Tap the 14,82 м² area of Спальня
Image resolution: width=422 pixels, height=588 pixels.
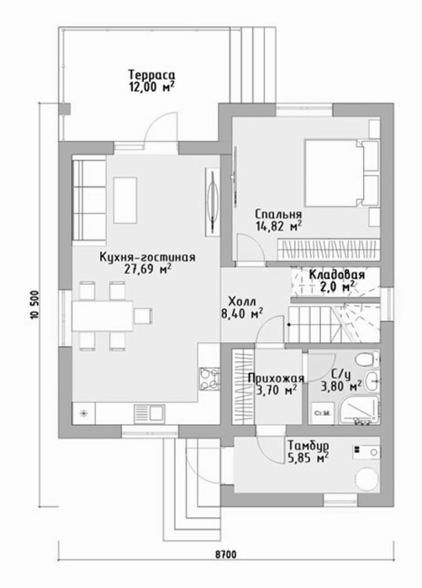pos(279,226)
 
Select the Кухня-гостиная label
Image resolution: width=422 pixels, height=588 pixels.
pos(147,257)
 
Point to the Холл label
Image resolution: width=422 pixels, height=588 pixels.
pos(242,302)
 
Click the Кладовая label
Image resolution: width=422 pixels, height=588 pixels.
pos(337,275)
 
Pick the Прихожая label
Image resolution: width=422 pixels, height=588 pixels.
pos(276,378)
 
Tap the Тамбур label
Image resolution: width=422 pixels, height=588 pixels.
pos(309,445)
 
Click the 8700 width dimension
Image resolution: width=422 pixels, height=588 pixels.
pos(225,554)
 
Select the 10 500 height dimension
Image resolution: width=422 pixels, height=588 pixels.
pos(35,304)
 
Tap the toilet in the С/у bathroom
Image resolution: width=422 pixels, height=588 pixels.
pos(367,360)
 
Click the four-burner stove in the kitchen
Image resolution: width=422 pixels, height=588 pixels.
pos(209,379)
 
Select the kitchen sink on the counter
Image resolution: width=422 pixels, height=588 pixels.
pos(149,413)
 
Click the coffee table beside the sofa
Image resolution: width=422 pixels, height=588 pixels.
pos(125,201)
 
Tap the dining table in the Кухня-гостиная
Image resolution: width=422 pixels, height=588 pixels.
pos(102,316)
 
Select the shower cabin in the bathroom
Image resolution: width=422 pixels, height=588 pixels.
pos(359,410)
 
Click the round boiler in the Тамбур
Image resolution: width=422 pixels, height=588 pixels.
pos(368,476)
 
